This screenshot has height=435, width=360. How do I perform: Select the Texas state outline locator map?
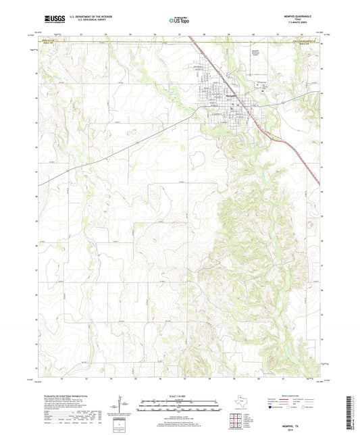243,399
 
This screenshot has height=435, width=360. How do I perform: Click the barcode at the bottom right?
347,414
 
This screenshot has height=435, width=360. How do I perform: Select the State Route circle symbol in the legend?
306,407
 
